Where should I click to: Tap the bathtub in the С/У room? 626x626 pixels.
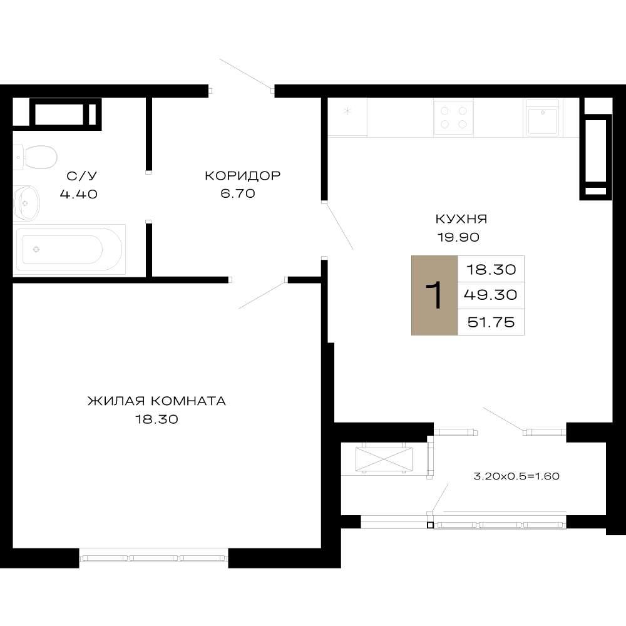69,250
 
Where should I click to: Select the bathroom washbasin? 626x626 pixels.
26,203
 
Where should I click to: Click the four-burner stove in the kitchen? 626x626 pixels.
453,118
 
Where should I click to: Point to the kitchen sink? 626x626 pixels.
543,118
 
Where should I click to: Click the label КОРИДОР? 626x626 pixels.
243,176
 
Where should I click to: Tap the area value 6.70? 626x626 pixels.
238,193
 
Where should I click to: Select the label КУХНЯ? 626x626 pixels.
461,218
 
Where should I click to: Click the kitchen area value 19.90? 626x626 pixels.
458,237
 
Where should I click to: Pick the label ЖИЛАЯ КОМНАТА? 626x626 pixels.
157,401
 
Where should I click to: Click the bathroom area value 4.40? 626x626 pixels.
79,194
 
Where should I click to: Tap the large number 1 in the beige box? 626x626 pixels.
434,295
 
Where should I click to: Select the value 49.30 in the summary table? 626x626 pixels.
491,295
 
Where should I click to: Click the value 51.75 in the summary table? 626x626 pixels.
491,322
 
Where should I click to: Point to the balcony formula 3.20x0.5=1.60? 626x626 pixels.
516,476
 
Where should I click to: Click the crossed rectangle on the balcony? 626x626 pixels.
384,459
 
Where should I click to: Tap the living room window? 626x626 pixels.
154,558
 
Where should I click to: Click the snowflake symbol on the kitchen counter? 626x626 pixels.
347,111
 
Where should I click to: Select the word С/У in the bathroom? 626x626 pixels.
82,176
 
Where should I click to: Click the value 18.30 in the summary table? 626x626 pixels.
491,269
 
